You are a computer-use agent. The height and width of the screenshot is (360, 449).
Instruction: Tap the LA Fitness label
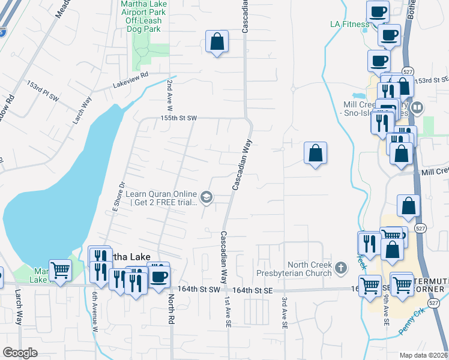tap(350, 25)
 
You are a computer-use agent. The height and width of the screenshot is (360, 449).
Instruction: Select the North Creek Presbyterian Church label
tap(309, 269)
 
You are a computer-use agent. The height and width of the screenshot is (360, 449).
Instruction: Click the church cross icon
tap(341, 268)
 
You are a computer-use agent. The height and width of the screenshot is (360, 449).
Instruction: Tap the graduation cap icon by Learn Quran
tap(206, 197)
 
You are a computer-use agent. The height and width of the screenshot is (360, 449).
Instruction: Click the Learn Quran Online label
tap(161, 198)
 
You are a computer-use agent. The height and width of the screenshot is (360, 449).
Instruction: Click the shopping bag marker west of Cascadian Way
tap(217, 42)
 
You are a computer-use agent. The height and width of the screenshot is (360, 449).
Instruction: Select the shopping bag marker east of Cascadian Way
tap(316, 153)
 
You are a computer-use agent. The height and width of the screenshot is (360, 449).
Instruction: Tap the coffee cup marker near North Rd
tap(158, 277)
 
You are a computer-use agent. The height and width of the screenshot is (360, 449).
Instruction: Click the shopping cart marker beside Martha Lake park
tap(59, 270)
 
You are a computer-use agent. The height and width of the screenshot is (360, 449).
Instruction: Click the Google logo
tap(20, 353)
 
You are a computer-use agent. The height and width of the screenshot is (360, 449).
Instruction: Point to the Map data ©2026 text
tap(424, 355)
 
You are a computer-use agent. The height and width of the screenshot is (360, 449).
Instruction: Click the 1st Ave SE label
tap(228, 309)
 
